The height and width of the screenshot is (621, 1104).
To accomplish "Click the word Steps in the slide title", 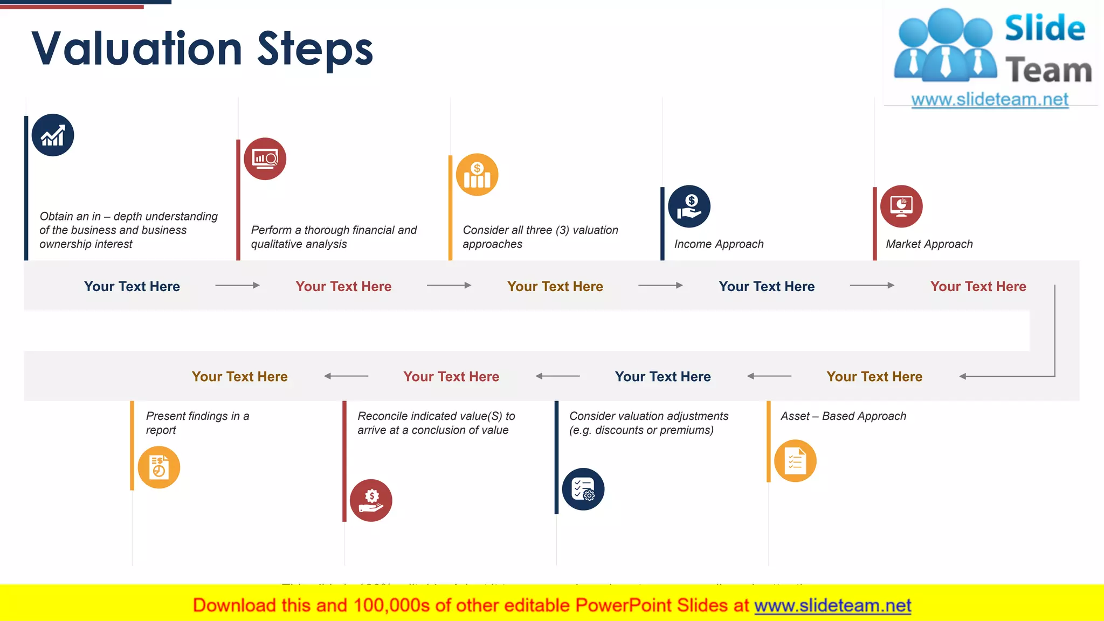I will pyautogui.click(x=315, y=50).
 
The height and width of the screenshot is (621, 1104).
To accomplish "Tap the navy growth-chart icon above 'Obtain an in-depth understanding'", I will pyautogui.click(x=53, y=135).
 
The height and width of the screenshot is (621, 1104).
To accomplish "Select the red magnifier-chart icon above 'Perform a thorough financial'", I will pyautogui.click(x=265, y=159).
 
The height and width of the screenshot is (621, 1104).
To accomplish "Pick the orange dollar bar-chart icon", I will pyautogui.click(x=477, y=175).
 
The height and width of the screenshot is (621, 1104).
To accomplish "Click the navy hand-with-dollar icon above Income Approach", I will pyautogui.click(x=689, y=206).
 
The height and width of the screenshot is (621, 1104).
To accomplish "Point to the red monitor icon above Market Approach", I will pyautogui.click(x=901, y=206).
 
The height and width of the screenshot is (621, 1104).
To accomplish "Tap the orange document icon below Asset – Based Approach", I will pyautogui.click(x=795, y=461).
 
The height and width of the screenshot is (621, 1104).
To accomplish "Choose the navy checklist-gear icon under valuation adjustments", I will pyautogui.click(x=583, y=489).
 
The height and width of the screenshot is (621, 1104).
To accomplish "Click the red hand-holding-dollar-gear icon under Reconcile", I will pyautogui.click(x=371, y=500).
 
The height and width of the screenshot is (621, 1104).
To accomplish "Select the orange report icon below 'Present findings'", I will pyautogui.click(x=159, y=467).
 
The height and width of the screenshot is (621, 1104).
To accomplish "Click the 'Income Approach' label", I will pyautogui.click(x=719, y=244).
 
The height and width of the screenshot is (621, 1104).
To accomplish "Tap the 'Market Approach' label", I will pyautogui.click(x=929, y=244).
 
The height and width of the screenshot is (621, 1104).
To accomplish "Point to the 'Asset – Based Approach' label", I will pyautogui.click(x=843, y=416).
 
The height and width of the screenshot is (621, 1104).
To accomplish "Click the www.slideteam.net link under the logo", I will pyautogui.click(x=990, y=100).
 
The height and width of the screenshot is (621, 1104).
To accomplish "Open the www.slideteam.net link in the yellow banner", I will pyautogui.click(x=832, y=606).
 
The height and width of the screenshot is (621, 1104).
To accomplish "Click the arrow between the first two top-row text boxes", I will pyautogui.click(x=237, y=285).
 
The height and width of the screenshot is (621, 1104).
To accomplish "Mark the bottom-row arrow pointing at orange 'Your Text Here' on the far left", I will pyautogui.click(x=346, y=376).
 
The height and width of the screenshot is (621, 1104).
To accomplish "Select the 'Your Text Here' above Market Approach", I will pyautogui.click(x=978, y=286).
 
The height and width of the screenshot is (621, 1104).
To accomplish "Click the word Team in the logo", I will pyautogui.click(x=1048, y=71).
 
